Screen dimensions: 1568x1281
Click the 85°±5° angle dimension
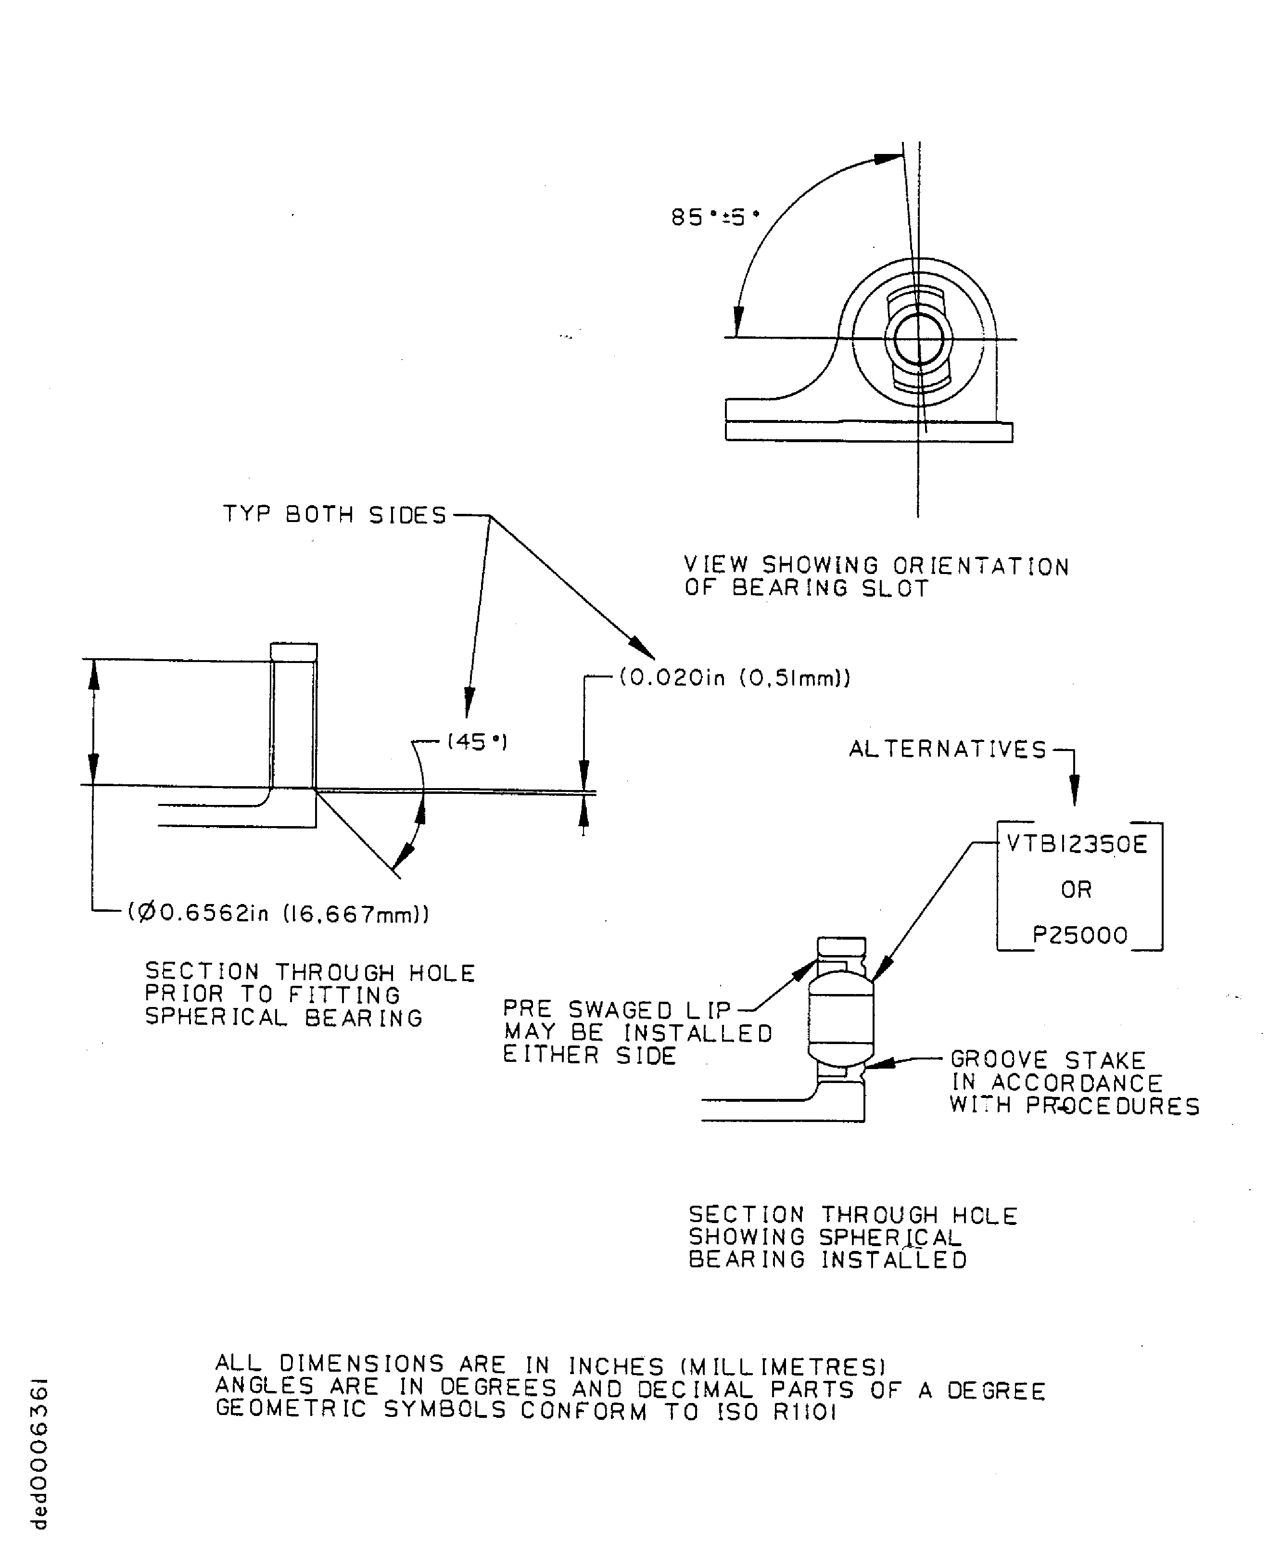tap(714, 217)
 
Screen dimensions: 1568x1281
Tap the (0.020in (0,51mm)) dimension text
tap(734, 677)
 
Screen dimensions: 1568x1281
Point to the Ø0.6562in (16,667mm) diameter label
tap(278, 914)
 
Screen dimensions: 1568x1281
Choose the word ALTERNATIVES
tap(948, 750)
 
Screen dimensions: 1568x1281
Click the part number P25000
tap(1079, 936)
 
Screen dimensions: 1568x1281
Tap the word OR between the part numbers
tap(1076, 890)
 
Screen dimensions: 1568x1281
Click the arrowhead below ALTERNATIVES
tap(1074, 794)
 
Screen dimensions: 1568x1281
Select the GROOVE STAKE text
tap(1048, 1060)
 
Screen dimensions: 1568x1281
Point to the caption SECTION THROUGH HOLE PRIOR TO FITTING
tap(310, 983)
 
